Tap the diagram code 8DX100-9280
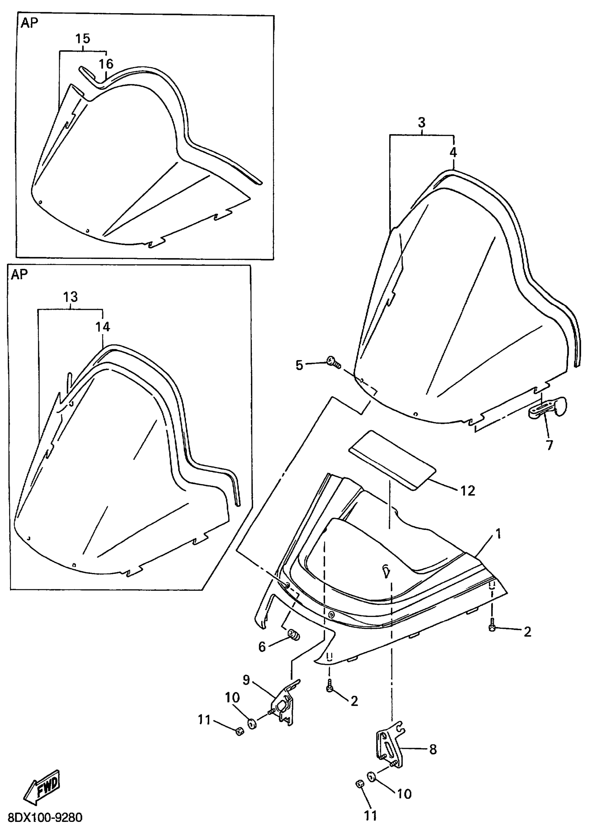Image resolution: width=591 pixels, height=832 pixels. [x=45, y=818]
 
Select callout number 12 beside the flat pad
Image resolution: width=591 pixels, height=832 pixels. [x=468, y=491]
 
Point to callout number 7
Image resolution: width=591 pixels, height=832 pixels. [x=549, y=445]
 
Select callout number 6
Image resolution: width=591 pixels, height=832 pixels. [x=262, y=647]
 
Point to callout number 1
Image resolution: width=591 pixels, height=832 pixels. [x=498, y=534]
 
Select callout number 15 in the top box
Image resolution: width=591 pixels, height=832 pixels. [x=83, y=39]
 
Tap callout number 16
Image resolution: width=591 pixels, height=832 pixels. [x=106, y=64]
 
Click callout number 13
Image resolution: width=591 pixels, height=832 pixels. [x=70, y=297]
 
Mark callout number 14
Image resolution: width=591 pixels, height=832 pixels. [x=103, y=327]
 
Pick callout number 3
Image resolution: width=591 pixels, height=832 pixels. [x=421, y=123]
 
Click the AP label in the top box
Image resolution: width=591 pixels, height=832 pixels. [x=29, y=23]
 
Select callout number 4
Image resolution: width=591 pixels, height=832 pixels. [x=453, y=152]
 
